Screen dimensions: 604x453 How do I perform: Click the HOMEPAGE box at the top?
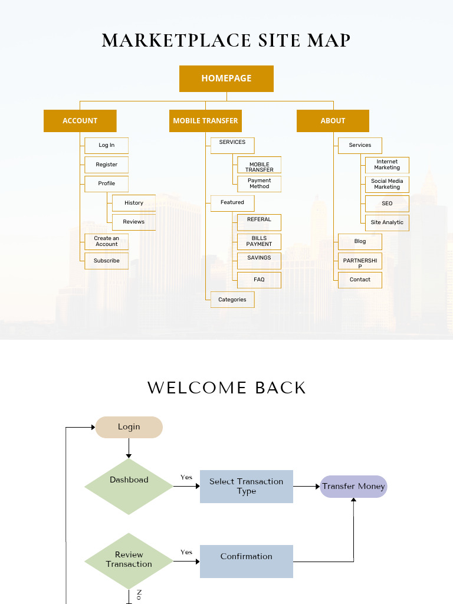(x=226, y=78)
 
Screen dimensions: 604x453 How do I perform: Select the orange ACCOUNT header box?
(x=80, y=120)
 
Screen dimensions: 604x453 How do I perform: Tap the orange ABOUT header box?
(x=333, y=120)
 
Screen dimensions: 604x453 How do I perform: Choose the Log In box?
(x=106, y=146)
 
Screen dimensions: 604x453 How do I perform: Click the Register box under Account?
(x=106, y=165)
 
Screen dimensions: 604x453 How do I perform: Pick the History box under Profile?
(x=133, y=203)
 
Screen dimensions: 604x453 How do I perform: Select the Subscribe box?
(x=106, y=261)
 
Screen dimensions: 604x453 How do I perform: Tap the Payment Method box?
(x=259, y=183)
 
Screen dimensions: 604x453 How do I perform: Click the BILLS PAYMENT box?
(x=259, y=241)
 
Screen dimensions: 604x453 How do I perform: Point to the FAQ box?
(x=259, y=280)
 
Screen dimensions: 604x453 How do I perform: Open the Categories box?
(x=232, y=300)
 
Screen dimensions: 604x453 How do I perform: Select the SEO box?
(x=387, y=203)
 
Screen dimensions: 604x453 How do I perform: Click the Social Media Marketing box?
(x=387, y=184)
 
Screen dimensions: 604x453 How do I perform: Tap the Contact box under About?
(x=360, y=280)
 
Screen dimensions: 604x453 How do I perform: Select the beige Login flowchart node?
(x=129, y=427)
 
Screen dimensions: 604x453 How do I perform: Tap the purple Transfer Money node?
(x=353, y=487)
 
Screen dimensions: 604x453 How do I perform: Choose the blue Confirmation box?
(x=246, y=561)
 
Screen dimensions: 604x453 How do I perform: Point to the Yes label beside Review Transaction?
(x=186, y=552)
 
